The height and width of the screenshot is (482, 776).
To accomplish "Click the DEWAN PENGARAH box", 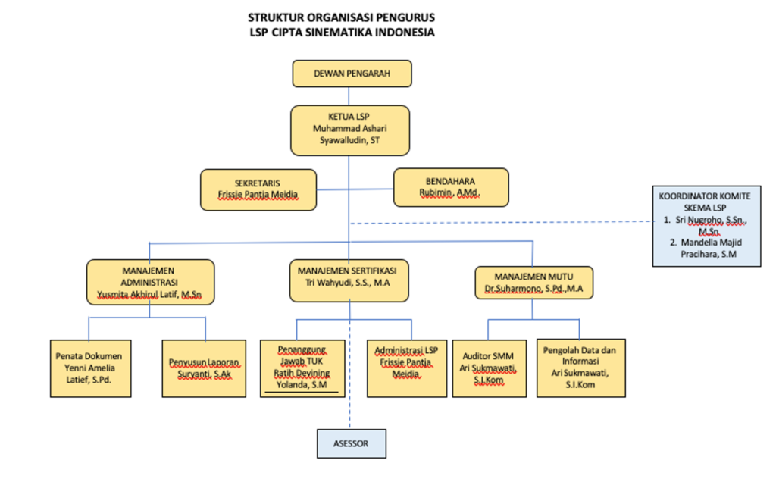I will pyautogui.click(x=352, y=74).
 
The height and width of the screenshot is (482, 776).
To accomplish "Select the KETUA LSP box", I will pyautogui.click(x=349, y=130).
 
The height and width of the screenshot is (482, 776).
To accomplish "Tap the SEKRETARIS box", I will pyautogui.click(x=258, y=189).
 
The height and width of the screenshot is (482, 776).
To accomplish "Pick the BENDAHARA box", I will pyautogui.click(x=451, y=187).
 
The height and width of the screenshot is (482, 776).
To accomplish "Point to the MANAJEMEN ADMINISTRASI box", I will pyautogui.click(x=150, y=282).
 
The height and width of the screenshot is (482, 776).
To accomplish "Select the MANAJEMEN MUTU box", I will pyautogui.click(x=533, y=281).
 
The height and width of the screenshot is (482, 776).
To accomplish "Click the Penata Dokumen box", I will pyautogui.click(x=89, y=368).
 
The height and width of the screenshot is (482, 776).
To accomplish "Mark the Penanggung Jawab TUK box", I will pyautogui.click(x=302, y=368).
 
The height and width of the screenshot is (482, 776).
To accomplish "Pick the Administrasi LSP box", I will pyautogui.click(x=411, y=368).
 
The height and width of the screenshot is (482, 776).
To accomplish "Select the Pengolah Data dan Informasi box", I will pyautogui.click(x=580, y=368).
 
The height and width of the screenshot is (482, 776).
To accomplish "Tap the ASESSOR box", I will pyautogui.click(x=350, y=443).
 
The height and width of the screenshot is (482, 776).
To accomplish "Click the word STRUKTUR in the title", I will pyautogui.click(x=274, y=17).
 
